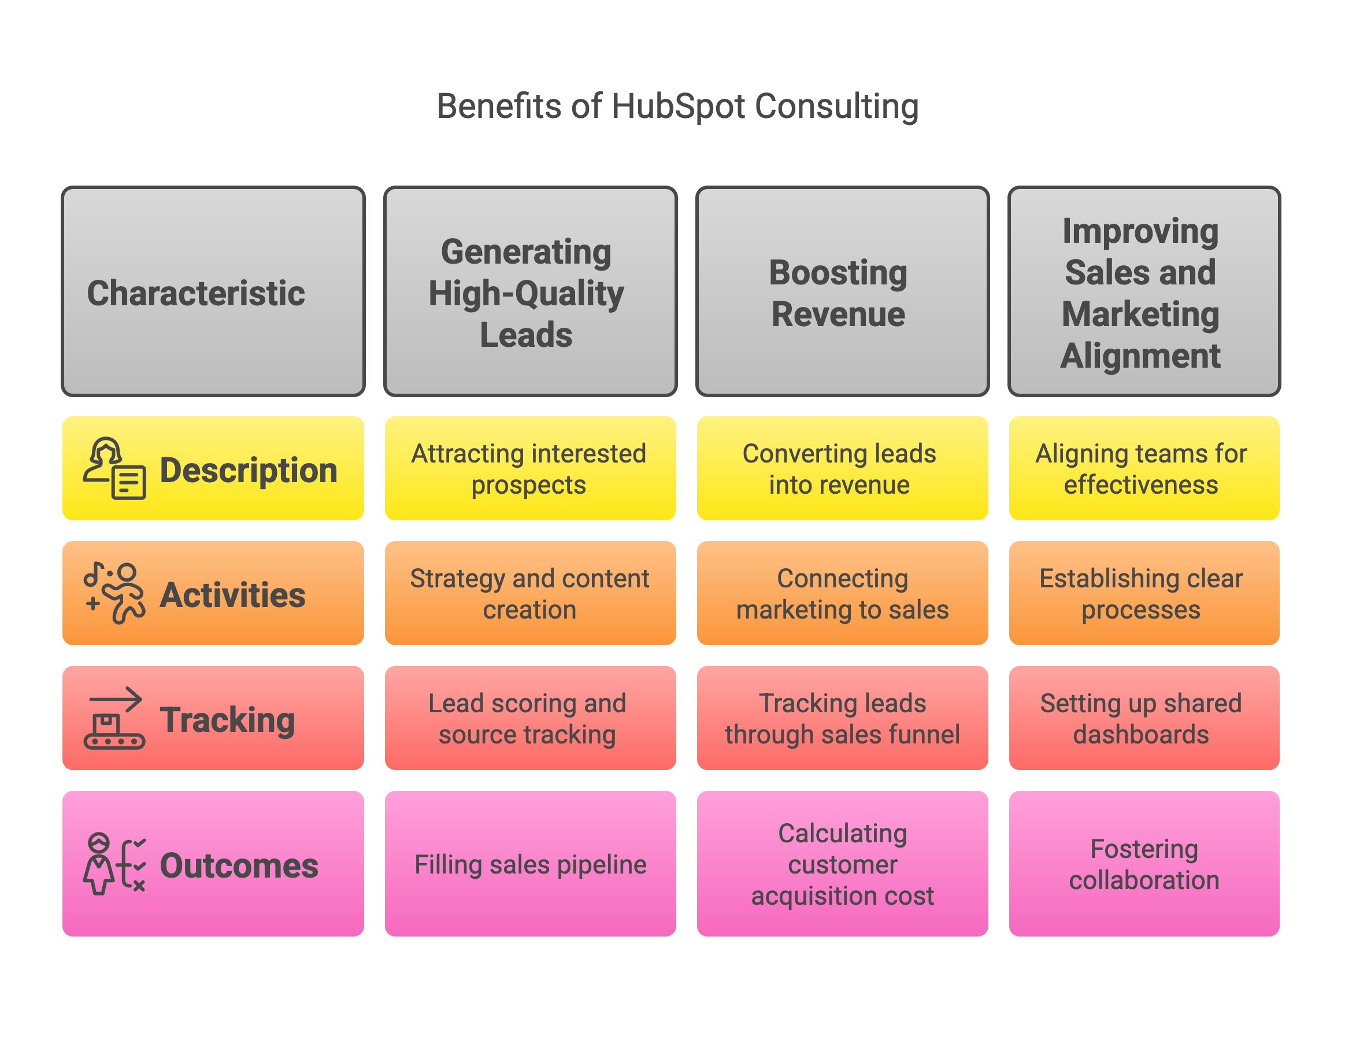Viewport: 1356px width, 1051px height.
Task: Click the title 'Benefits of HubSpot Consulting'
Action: (x=677, y=106)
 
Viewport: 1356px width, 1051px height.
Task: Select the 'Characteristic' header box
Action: (x=213, y=291)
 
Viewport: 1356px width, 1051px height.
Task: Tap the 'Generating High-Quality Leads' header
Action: (x=530, y=291)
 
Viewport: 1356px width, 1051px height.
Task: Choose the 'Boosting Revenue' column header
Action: (x=843, y=291)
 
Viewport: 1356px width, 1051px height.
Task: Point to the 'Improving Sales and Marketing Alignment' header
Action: (x=1144, y=291)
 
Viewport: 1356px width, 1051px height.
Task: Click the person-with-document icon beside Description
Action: (x=115, y=468)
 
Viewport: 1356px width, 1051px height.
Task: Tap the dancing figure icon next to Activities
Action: (x=115, y=593)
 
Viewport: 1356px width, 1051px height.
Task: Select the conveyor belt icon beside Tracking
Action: (x=115, y=718)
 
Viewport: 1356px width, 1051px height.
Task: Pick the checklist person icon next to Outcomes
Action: (x=115, y=864)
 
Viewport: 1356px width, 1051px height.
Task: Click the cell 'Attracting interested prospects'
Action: (x=530, y=468)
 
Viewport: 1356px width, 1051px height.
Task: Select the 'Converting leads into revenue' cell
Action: (x=843, y=468)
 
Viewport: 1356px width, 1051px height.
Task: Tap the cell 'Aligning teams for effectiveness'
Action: (x=1144, y=468)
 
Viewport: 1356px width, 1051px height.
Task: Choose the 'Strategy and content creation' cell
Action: (x=530, y=593)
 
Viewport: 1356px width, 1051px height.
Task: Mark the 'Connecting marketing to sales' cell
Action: (x=843, y=593)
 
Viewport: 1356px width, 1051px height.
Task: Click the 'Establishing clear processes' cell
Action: (x=1144, y=593)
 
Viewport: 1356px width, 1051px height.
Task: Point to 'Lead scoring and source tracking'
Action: (x=530, y=718)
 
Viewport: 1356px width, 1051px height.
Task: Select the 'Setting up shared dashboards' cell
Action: (x=1144, y=718)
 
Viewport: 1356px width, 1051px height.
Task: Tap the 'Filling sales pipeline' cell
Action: (x=530, y=864)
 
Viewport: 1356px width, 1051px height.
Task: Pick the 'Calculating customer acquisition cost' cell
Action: (x=843, y=864)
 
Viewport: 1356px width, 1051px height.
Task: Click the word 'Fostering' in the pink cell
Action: (x=1144, y=849)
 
